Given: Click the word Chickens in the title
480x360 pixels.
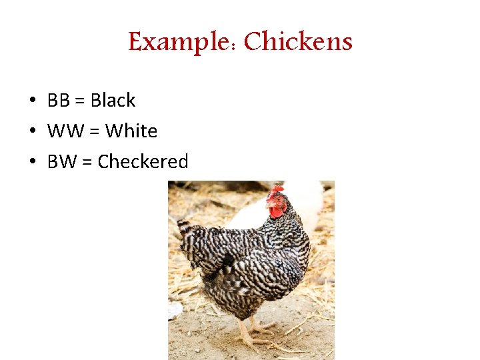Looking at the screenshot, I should (298, 42).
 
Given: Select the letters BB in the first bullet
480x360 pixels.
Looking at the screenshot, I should (59, 101).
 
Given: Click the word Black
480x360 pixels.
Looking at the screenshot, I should (113, 101).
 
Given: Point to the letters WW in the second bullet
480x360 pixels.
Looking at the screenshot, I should (63, 131).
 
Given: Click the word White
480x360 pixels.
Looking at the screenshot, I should (131, 131).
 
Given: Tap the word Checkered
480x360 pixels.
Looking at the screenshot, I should (143, 162).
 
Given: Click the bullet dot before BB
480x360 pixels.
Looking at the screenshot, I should (32, 101).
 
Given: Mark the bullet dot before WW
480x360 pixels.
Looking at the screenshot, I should (32, 132).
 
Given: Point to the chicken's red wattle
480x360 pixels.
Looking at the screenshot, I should (276, 213).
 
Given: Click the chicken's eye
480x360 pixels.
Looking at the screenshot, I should (276, 200).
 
